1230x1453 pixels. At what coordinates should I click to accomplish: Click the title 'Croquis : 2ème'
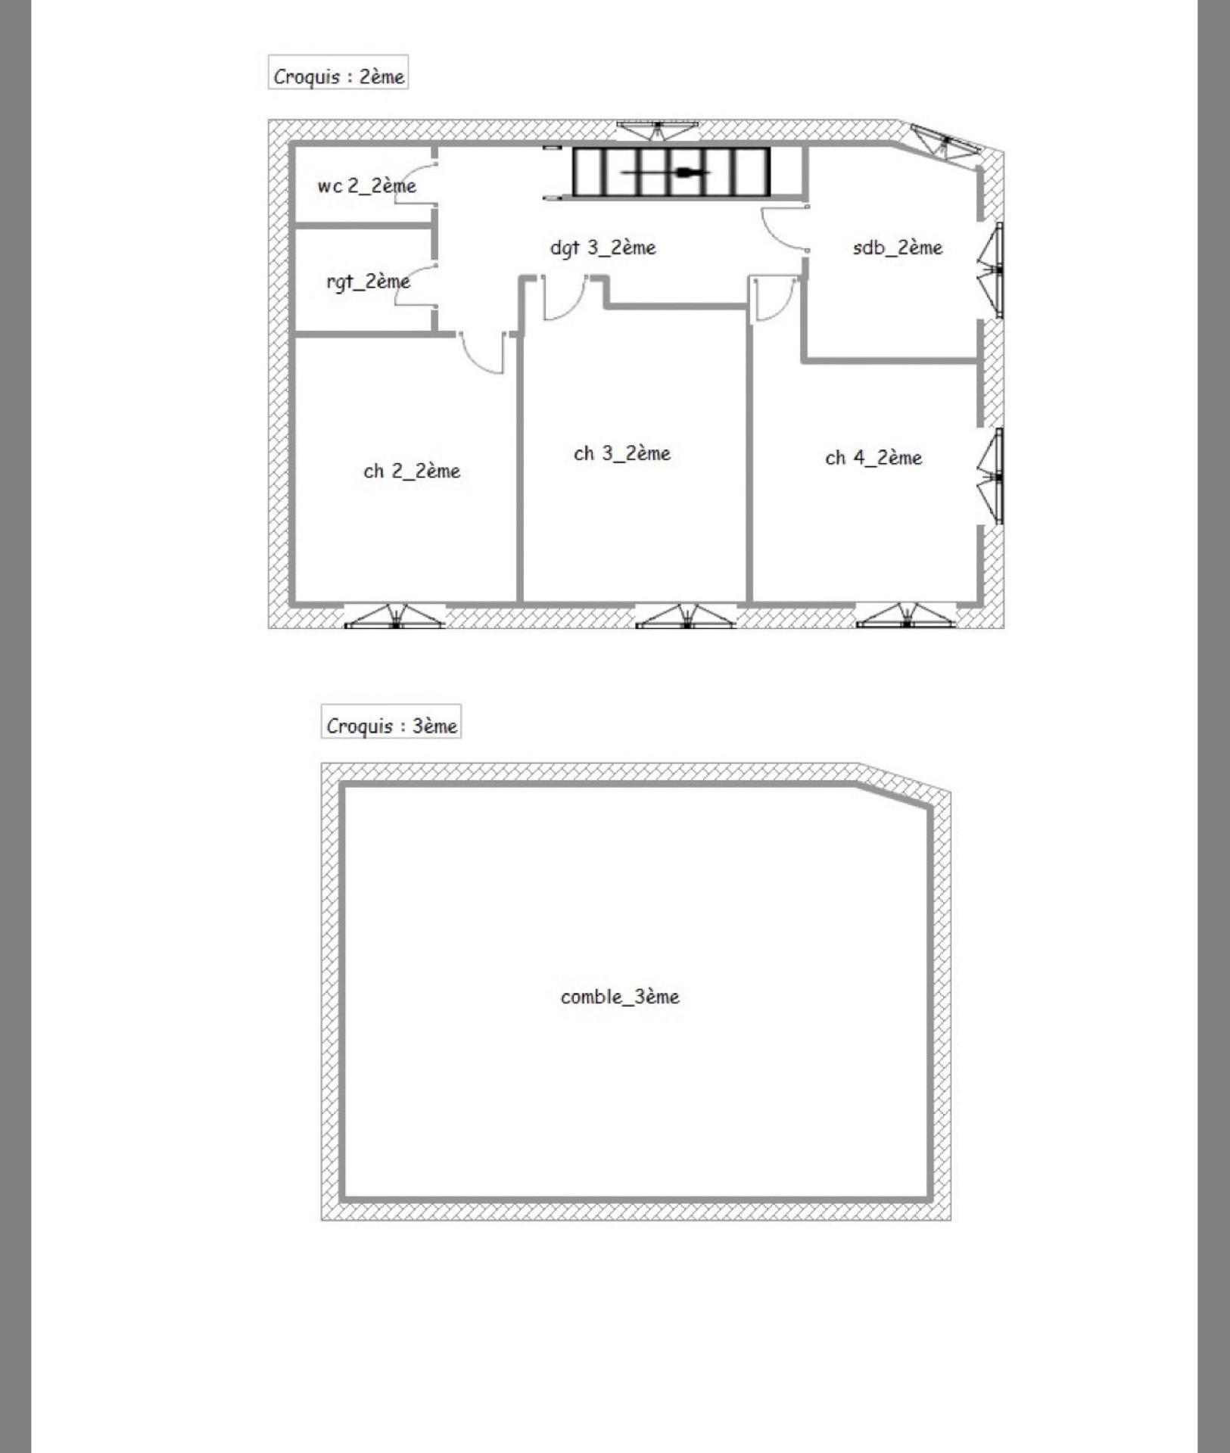click(x=338, y=76)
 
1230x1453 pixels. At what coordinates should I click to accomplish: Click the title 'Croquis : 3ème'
click(x=391, y=726)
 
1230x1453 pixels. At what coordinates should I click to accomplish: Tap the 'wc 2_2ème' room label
click(x=366, y=186)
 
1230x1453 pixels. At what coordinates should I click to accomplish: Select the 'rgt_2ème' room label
click(x=368, y=282)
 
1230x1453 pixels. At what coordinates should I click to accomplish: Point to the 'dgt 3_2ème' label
click(x=603, y=248)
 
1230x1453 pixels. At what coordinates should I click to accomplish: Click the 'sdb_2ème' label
click(x=897, y=247)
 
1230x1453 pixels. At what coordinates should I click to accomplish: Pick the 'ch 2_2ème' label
click(x=412, y=471)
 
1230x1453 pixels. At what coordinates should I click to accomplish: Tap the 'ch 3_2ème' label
click(x=622, y=453)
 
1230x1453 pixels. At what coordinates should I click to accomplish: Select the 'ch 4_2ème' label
click(x=873, y=458)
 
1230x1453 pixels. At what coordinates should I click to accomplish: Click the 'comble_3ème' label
click(x=620, y=997)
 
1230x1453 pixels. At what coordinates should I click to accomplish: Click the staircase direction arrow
click(x=666, y=173)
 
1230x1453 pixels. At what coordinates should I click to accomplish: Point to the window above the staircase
click(x=657, y=129)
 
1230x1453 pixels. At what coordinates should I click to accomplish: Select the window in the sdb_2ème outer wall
click(x=991, y=270)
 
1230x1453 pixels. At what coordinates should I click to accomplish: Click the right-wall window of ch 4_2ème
click(x=991, y=477)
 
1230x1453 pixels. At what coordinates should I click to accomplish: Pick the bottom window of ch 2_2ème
click(x=394, y=616)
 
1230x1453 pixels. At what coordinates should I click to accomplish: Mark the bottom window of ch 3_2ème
click(x=686, y=616)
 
